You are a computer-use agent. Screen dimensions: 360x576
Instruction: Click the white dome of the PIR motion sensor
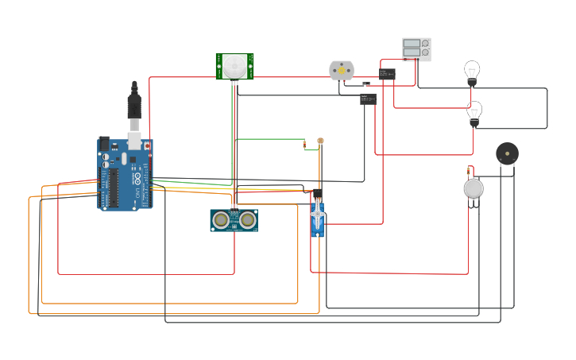point(234,65)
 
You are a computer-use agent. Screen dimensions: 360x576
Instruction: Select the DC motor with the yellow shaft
point(341,71)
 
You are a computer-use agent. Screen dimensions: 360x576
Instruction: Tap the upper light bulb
point(472,72)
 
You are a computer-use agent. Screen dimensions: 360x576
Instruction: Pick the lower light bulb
point(474,112)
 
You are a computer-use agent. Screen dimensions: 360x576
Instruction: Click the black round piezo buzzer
point(507,153)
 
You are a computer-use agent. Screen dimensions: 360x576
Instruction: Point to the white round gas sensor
point(474,188)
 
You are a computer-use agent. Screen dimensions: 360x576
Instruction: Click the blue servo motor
point(318,217)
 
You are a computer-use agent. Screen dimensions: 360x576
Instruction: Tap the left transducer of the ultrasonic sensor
point(221,220)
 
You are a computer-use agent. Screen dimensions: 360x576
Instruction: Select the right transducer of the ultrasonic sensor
point(248,220)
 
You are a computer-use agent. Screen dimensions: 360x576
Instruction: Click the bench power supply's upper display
point(412,44)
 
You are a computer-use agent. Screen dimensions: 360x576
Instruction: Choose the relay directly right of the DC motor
point(387,75)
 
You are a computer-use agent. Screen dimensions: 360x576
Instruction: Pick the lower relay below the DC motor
point(367,99)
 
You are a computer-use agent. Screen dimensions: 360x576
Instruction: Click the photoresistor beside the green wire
point(320,141)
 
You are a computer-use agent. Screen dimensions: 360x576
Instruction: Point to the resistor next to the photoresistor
point(304,145)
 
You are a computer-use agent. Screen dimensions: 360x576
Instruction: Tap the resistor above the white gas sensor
point(470,170)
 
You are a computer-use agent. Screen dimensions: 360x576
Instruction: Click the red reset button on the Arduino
point(146,146)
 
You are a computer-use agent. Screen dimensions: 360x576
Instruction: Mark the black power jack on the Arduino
point(102,145)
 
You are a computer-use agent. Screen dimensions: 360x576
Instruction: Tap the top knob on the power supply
point(425,44)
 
